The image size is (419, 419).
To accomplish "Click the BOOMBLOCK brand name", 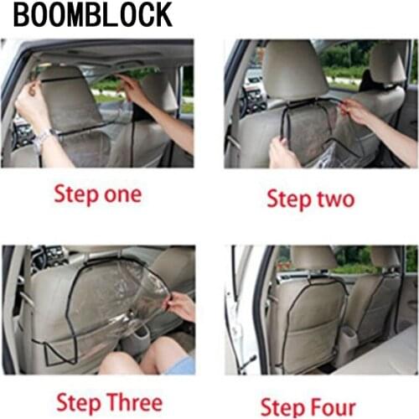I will [93, 14].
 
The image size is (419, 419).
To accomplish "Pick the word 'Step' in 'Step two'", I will [288, 199].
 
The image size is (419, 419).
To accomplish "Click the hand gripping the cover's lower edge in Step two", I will [282, 153].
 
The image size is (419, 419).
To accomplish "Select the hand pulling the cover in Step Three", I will [178, 306].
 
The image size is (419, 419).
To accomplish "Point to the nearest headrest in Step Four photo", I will [311, 258].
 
